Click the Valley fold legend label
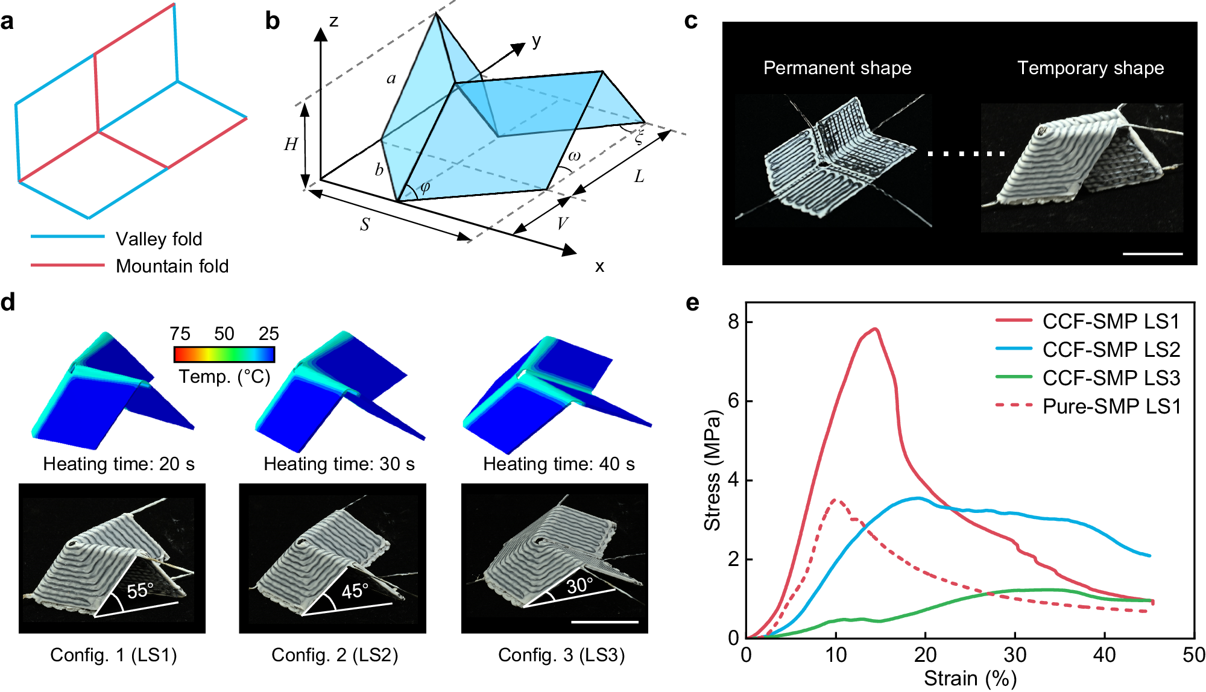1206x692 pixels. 159,239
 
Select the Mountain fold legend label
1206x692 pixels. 172,266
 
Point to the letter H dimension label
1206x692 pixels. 291,145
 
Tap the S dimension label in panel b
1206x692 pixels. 365,225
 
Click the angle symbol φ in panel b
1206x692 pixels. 425,187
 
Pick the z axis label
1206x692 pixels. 333,22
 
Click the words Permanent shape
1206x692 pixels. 837,68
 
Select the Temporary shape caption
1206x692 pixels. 1090,68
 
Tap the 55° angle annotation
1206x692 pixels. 140,591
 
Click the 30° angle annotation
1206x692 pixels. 579,585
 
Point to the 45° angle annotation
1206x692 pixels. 355,591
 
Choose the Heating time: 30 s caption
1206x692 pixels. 339,464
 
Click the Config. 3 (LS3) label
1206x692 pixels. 561,655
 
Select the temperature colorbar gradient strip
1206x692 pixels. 224,354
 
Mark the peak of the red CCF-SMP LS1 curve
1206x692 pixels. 875,329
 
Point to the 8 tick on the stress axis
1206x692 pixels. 733,322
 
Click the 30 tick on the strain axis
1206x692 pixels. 1015,655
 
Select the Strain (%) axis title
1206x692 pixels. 970,679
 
